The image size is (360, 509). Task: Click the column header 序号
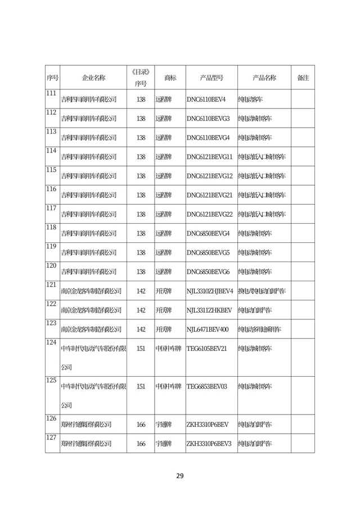(52, 78)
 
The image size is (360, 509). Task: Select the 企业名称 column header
(93, 78)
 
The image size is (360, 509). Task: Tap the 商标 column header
(170, 78)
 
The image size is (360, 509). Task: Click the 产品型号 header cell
(211, 78)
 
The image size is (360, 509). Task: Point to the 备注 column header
(303, 78)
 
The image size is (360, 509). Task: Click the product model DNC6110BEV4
(206, 99)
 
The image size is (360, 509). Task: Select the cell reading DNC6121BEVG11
(209, 156)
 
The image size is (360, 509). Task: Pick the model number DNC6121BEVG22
(209, 214)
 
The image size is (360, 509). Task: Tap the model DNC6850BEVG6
(208, 272)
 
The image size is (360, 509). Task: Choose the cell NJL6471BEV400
(208, 329)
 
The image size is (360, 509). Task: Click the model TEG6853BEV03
(206, 387)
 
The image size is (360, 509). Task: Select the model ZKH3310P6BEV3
(209, 444)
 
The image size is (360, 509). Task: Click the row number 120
(51, 265)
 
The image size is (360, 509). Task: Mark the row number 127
(51, 438)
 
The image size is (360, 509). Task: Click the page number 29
(180, 476)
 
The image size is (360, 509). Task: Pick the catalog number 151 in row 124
(141, 349)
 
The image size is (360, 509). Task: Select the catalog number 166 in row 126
(141, 425)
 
